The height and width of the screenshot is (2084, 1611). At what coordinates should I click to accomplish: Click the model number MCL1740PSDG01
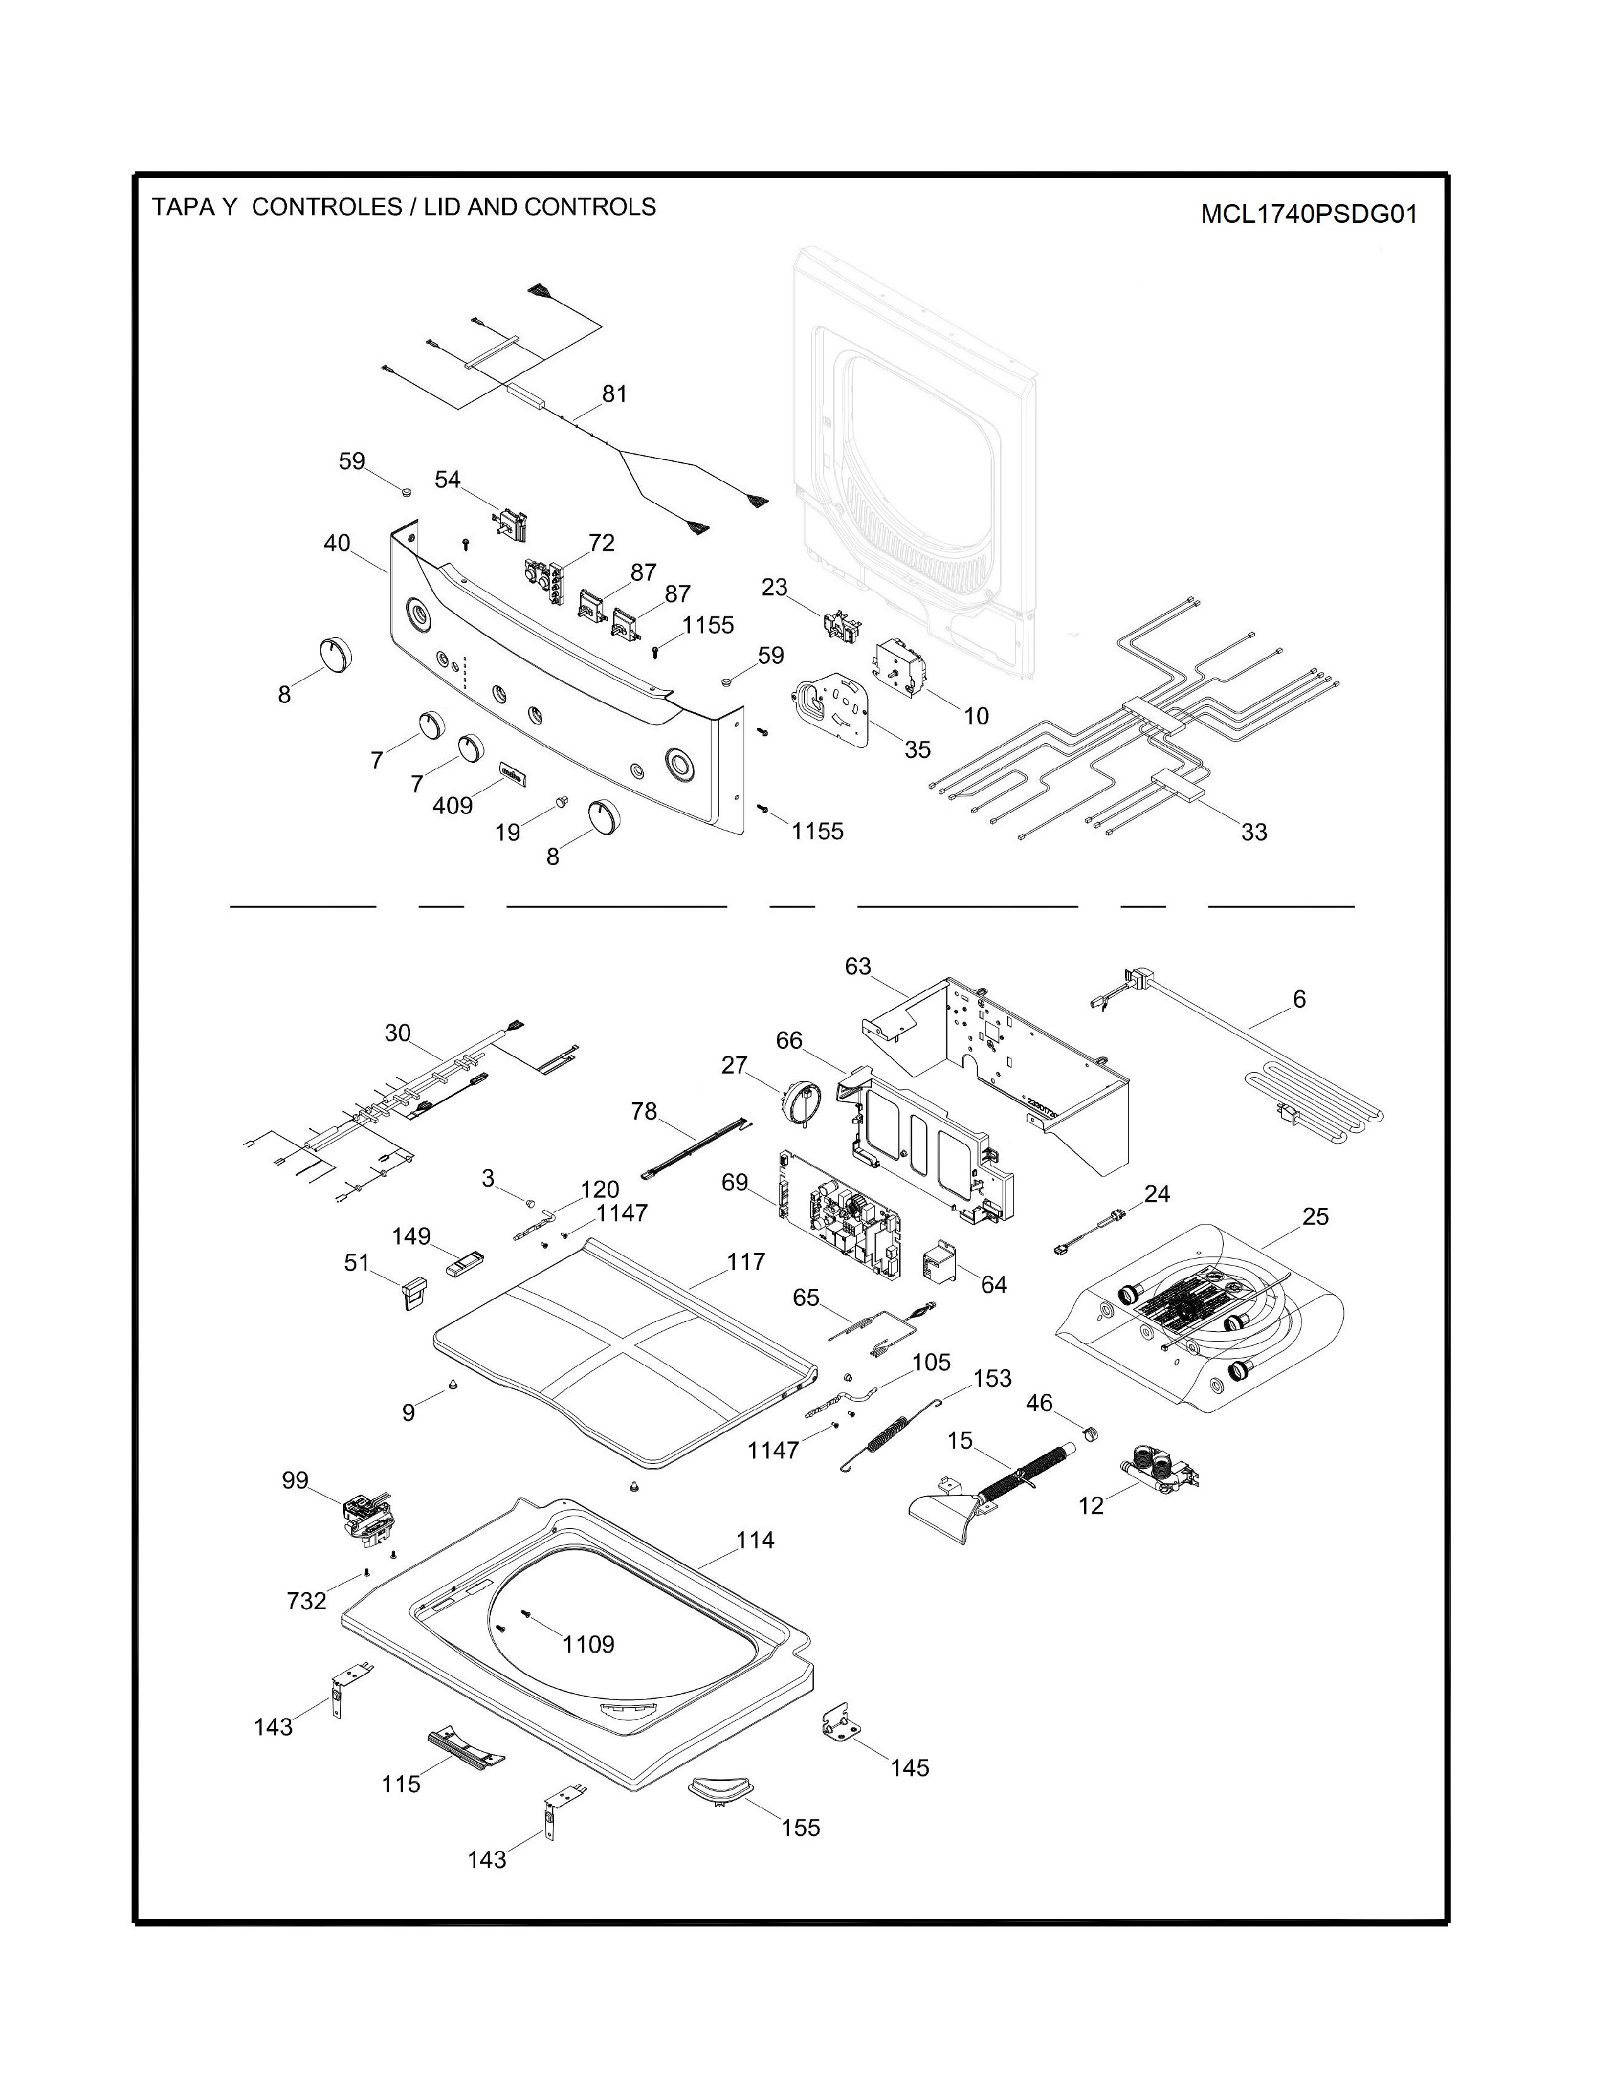1308,213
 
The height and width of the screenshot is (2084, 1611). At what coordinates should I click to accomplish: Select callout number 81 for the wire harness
615,394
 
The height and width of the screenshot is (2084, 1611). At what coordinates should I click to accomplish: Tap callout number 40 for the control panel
337,543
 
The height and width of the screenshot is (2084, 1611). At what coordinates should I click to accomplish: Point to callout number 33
1254,832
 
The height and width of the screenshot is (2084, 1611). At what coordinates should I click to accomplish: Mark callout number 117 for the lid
745,1262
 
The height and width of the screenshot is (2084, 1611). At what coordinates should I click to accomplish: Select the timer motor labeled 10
901,661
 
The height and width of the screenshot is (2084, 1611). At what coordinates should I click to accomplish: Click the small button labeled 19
561,798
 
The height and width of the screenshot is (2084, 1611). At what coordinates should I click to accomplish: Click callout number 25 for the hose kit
1315,1218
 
